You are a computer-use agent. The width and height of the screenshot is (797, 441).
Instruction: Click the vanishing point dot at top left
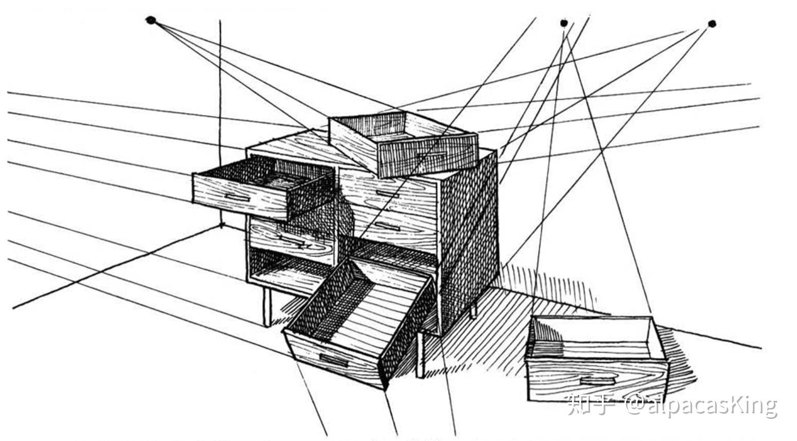150,21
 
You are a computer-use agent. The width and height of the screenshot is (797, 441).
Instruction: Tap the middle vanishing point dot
564,23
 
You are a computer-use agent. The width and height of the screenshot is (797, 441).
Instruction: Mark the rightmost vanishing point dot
711,24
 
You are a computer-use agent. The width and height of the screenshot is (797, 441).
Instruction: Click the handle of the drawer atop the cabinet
431,154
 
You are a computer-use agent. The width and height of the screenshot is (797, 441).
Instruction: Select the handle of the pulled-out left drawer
237,197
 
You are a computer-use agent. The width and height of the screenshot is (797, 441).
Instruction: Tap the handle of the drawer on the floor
597,381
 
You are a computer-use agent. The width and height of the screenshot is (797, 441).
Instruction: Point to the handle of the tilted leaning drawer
333,360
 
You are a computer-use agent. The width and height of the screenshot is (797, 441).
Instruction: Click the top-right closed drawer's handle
387,193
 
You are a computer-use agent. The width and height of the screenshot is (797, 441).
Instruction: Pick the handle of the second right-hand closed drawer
387,226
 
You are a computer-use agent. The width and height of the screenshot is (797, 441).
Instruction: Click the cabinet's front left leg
267,307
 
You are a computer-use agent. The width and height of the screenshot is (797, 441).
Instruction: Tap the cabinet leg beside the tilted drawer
421,355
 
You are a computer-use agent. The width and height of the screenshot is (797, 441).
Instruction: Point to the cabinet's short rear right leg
473,310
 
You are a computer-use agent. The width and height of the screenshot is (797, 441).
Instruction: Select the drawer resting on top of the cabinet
403,144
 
